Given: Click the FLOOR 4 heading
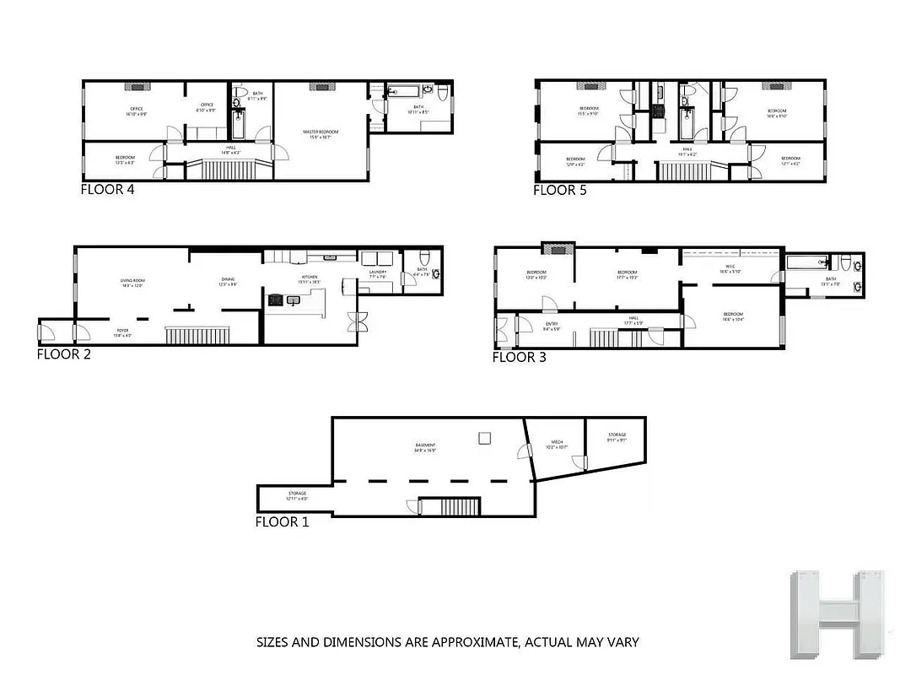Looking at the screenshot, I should coord(107,189).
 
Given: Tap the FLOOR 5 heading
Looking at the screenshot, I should coord(559,190).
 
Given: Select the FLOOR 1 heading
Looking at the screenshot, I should coord(282,522).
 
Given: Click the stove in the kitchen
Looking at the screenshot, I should coord(276,299).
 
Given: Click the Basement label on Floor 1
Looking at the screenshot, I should coord(424,446).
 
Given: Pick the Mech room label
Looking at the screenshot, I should coord(557,443).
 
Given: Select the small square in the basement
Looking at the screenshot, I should coord(484,437).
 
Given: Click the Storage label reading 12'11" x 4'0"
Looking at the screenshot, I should coord(296,495).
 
